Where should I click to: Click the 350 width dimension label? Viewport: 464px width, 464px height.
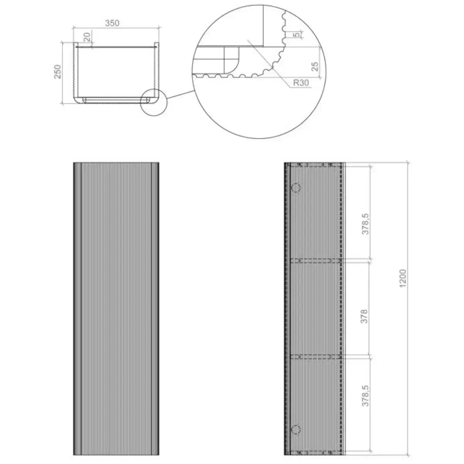[x=112, y=23]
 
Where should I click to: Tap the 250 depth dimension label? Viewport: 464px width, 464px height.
[x=58, y=72]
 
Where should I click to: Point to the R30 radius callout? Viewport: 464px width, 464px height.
[x=301, y=83]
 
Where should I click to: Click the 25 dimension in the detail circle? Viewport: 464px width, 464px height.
[x=315, y=67]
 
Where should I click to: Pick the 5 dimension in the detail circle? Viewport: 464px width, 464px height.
[x=297, y=34]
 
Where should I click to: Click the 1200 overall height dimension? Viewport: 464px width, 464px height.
[x=403, y=278]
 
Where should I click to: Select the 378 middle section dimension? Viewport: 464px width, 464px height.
[x=365, y=316]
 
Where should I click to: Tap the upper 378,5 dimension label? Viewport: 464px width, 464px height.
[x=365, y=224]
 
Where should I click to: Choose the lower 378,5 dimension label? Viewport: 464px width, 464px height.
[x=365, y=396]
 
